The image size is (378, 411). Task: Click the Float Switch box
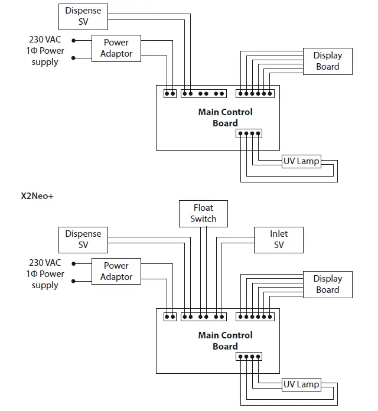(203, 213)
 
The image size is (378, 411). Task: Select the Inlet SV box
(279, 239)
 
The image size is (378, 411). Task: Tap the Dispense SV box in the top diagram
(83, 16)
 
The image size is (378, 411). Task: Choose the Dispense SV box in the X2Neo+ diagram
(83, 239)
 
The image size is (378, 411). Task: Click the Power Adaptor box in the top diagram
(116, 48)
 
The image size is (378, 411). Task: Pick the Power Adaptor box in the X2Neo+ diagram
(116, 271)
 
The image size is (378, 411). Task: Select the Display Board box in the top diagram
(327, 61)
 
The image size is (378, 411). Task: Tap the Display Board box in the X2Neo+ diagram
(327, 284)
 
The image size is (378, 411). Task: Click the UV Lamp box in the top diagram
(301, 161)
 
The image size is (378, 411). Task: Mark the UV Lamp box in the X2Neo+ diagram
(301, 384)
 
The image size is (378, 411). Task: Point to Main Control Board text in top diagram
(225, 118)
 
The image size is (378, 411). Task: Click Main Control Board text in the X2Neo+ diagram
(225, 341)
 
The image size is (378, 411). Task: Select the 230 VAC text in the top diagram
(45, 40)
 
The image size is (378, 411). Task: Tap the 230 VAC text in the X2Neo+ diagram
(45, 263)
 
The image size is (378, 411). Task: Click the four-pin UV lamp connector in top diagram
(249, 133)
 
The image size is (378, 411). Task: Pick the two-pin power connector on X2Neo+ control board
(170, 317)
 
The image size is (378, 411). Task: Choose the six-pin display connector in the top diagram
(255, 93)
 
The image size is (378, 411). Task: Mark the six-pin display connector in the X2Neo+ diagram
(255, 317)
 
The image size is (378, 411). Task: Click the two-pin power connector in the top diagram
(170, 93)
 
